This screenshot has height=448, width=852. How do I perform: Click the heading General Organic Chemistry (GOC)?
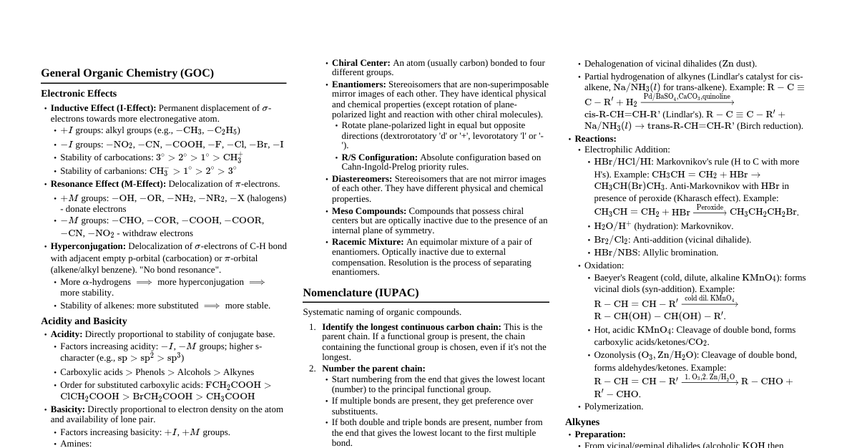127,73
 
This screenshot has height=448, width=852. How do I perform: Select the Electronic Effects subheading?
79,94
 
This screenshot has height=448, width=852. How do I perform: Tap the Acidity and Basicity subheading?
84,321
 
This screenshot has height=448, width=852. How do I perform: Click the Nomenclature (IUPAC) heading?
361,293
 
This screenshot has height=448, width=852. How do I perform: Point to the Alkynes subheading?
582,422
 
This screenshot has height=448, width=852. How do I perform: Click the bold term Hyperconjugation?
88,246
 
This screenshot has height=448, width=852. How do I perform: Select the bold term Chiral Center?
361,63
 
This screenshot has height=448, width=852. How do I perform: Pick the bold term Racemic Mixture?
368,242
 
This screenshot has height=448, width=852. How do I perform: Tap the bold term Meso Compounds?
369,211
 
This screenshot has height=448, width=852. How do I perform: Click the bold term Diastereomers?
362,179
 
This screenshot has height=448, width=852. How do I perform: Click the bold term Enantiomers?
358,84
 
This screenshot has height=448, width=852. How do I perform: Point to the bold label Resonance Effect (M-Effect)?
108,184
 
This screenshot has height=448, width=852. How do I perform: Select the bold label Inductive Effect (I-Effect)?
103,108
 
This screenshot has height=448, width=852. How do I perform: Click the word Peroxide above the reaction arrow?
710,208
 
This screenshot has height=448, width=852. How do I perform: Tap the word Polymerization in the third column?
614,406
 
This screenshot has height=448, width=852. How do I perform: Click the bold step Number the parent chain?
373,369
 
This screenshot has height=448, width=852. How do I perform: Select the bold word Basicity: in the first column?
68,409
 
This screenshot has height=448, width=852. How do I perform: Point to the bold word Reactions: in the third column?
595,139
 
